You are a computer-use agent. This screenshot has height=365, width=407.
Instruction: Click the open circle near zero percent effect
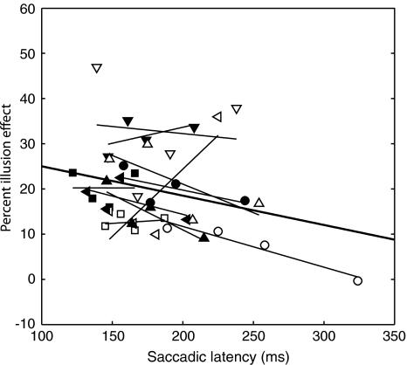357,280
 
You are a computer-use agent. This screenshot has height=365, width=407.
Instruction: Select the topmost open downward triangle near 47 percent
97,68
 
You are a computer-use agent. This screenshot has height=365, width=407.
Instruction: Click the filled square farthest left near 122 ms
72,173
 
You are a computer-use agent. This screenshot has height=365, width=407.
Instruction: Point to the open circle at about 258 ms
265,245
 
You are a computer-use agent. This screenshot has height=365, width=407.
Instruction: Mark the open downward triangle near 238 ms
236,109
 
